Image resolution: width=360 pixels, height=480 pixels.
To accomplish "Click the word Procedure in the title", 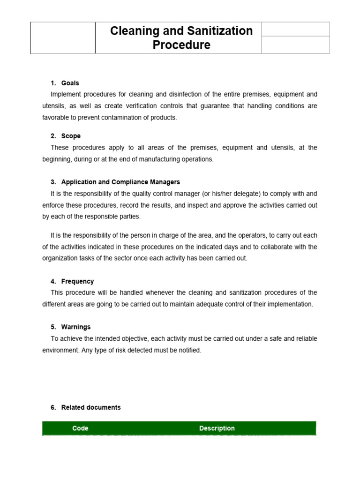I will tap(181, 45).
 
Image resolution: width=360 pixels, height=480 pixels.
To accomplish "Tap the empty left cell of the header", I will tap(63, 38).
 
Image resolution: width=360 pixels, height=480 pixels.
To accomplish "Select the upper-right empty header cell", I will tap(295, 30).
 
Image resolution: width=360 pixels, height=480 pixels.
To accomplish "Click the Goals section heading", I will tap(71, 83).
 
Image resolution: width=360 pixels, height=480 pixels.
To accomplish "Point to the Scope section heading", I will tap(71, 136).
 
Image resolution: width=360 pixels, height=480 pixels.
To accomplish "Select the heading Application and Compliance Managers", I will tap(120, 182).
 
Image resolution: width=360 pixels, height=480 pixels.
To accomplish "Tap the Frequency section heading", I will tap(77, 281).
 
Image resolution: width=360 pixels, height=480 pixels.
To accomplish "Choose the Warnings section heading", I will tap(76, 327).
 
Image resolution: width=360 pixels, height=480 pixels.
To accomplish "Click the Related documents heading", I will tap(91, 407).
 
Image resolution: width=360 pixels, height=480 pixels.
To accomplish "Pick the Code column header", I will tap(80, 428).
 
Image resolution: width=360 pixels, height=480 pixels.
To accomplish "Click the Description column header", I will tap(217, 428).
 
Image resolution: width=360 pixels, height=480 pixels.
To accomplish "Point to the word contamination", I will tap(122, 118).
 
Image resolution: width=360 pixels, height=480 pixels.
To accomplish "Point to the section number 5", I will tap(53, 327).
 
